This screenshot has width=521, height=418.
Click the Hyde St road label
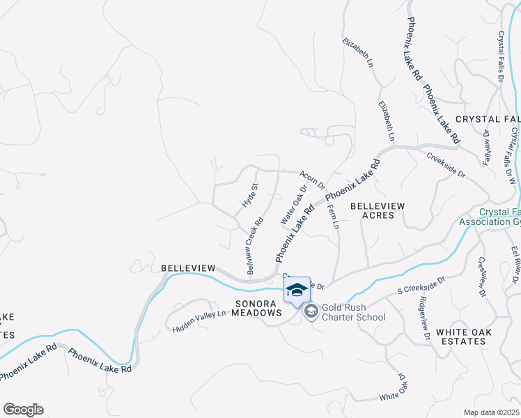249,194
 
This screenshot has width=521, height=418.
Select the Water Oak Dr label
294,205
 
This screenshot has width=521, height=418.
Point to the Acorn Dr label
312,180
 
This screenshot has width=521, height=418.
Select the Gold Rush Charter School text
354,317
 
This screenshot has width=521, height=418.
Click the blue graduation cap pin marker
297,291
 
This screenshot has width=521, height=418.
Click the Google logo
23,410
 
